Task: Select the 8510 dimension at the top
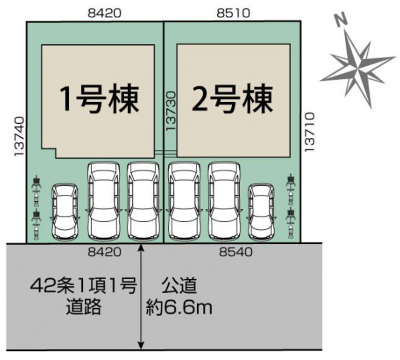[x=234, y=13]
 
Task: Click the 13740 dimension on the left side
[x=19, y=137]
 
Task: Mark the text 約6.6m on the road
[x=178, y=307]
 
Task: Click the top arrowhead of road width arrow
[x=141, y=248]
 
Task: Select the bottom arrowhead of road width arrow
[x=141, y=346]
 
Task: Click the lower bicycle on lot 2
[x=290, y=224]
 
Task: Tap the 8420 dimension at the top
[x=105, y=13]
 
